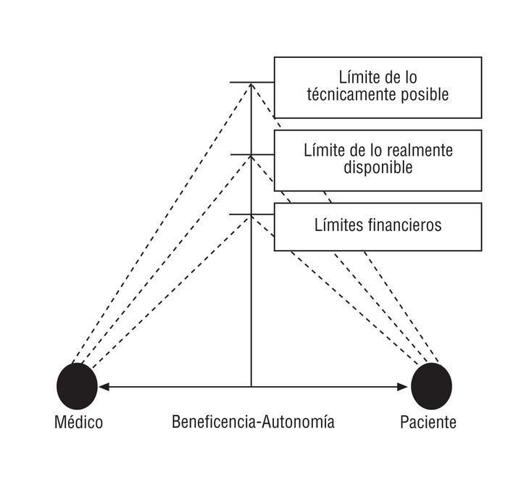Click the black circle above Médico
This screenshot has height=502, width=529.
point(77,385)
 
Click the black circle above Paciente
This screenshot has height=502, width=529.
point(431,385)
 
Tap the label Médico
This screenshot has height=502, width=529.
point(79,422)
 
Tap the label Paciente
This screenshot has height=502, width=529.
point(428,422)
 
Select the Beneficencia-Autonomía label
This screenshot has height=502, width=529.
point(253,422)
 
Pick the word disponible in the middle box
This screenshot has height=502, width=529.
point(378,167)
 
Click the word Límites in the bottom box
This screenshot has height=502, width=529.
point(337,225)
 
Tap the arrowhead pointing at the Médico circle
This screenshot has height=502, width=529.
point(102,387)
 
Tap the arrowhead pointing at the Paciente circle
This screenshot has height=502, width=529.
point(405,387)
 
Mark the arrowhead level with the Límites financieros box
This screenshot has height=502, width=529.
point(251,216)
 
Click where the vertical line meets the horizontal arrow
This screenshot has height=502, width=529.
point(251,387)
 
